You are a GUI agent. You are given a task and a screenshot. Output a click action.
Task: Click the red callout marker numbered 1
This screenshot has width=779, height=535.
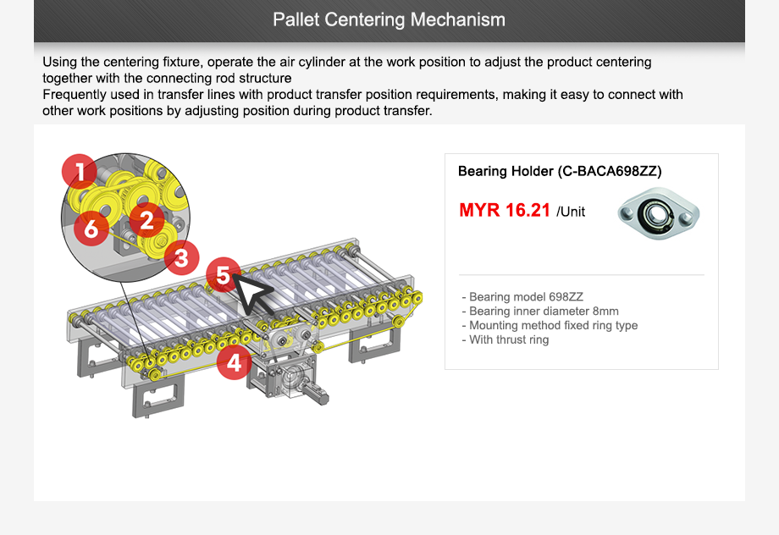click(80, 172)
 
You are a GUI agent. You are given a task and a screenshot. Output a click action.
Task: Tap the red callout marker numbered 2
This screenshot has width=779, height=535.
click(146, 220)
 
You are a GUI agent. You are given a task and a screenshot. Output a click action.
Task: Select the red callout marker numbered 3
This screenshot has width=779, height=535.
click(181, 257)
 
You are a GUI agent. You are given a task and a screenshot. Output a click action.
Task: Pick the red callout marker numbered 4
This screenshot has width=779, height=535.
click(234, 362)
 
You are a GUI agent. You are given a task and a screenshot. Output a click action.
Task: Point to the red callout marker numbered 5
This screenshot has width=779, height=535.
click(223, 275)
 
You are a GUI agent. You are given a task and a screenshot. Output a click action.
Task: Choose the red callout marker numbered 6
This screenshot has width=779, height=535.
click(91, 229)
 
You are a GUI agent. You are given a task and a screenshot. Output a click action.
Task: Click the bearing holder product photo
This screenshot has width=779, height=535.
click(658, 213)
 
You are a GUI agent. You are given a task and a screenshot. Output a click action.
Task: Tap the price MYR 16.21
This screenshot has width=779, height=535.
click(505, 210)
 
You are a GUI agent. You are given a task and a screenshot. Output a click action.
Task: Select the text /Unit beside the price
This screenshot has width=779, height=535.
click(571, 212)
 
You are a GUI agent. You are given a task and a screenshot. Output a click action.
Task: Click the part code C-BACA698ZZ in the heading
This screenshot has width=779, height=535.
click(610, 171)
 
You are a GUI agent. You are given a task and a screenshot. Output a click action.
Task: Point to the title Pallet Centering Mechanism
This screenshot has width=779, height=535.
click(389, 19)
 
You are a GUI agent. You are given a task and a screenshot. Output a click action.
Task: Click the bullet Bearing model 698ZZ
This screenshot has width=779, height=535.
click(522, 296)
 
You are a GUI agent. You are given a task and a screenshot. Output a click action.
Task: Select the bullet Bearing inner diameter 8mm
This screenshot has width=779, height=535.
click(540, 311)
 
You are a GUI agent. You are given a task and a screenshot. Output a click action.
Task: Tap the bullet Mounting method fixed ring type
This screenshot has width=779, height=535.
click(550, 325)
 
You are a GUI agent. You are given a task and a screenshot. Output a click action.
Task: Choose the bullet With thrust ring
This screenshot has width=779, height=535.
click(506, 339)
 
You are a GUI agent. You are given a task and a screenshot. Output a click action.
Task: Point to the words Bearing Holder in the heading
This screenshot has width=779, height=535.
click(506, 171)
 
